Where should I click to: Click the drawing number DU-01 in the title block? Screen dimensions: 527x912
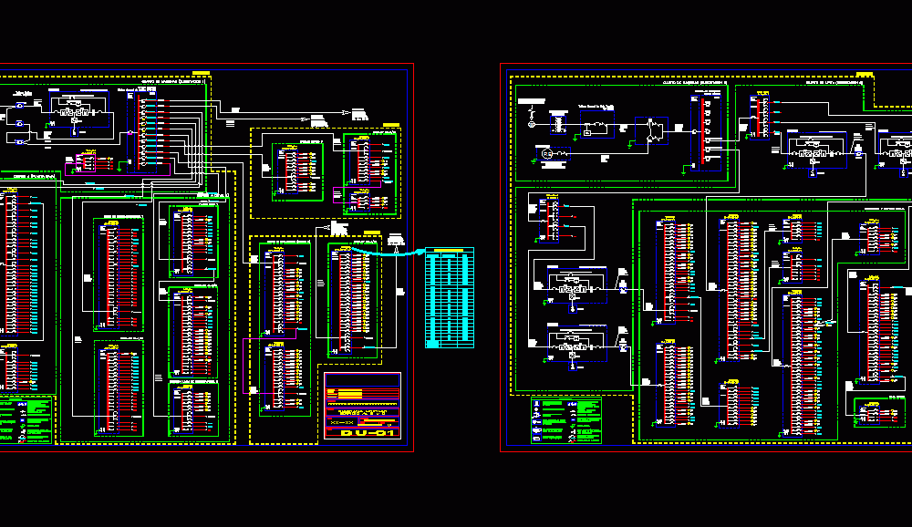coord(368,432)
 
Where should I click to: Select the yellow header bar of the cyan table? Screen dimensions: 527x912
coord(449,251)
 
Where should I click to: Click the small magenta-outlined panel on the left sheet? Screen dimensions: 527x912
coord(86,163)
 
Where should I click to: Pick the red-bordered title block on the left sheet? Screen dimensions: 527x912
coord(362,407)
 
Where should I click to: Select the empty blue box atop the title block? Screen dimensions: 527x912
coord(362,379)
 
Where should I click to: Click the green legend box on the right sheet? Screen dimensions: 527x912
coord(566,420)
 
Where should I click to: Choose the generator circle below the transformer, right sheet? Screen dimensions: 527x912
coord(545,156)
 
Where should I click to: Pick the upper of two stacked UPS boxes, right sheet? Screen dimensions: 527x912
coord(571,284)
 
